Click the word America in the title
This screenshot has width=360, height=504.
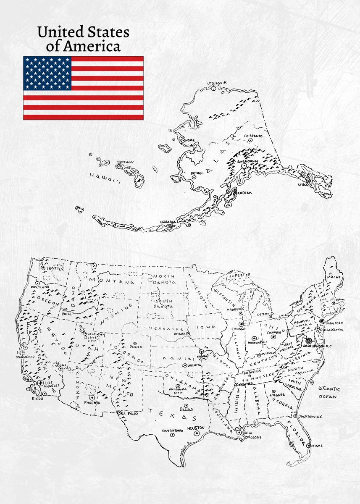coord(84,45)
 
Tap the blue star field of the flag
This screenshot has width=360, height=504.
coord(47,73)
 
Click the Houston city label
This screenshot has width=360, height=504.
coord(195,428)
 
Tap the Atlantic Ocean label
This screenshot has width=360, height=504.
coord(329,392)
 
